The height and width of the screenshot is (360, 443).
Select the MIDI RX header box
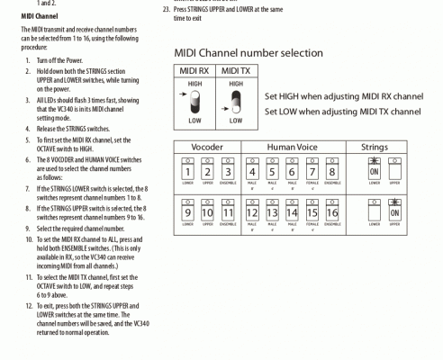194,70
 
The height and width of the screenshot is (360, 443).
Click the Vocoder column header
208,146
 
